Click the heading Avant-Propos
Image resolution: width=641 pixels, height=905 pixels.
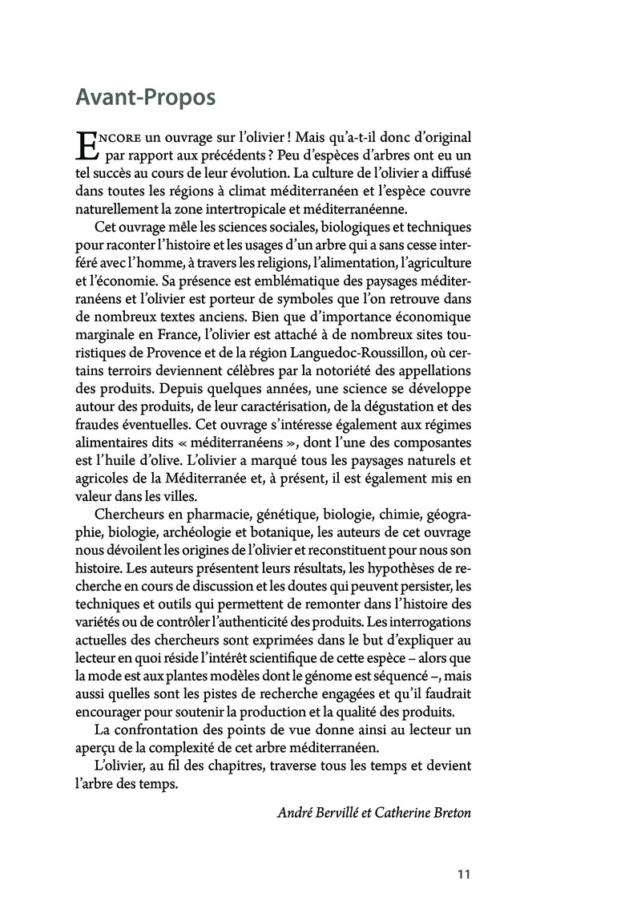point(145,97)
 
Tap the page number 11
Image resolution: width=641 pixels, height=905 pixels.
point(462,874)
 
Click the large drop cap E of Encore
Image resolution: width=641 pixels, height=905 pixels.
point(84,147)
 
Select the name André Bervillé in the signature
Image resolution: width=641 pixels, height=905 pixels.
point(313,813)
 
